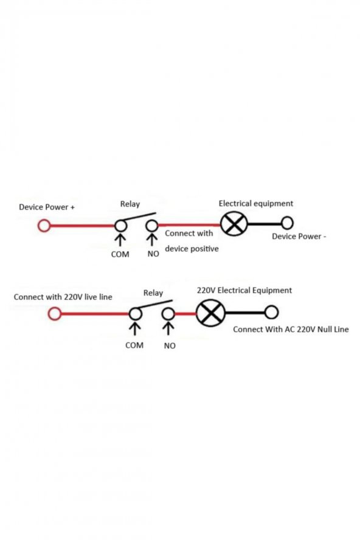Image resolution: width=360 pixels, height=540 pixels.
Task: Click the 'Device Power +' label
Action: click(47, 207)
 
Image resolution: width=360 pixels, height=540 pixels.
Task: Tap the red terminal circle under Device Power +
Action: click(44, 226)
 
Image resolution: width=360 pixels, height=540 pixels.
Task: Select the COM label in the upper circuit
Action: click(120, 254)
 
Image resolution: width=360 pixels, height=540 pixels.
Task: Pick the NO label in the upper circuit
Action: click(153, 254)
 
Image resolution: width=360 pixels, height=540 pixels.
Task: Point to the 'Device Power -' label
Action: click(299, 236)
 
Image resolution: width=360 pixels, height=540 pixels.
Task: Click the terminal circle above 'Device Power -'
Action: click(287, 223)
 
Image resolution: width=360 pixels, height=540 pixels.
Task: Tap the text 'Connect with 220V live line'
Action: click(63, 297)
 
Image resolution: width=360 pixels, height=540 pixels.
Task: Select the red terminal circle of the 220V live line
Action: click(55, 314)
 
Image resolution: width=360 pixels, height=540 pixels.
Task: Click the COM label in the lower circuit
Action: click(134, 345)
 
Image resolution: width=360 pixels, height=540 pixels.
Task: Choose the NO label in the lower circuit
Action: click(170, 345)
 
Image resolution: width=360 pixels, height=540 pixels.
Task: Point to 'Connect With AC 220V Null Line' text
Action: click(291, 329)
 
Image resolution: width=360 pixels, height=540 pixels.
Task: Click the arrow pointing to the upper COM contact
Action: click(120, 240)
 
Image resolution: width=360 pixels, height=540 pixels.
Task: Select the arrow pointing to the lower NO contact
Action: click(168, 328)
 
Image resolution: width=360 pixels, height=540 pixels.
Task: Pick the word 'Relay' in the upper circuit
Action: click(130, 204)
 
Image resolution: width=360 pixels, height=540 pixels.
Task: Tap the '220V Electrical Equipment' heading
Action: click(244, 290)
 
